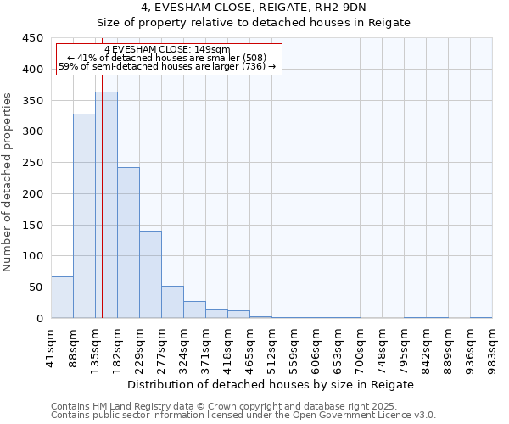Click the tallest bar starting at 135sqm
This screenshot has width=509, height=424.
[x=106, y=205]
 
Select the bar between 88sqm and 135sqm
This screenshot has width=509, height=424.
[x=84, y=216]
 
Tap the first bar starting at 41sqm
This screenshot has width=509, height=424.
[x=62, y=297]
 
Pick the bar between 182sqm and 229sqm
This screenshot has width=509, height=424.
[x=128, y=243]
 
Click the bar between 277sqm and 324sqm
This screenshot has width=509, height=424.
[x=172, y=302]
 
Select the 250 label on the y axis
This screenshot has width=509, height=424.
[x=33, y=163]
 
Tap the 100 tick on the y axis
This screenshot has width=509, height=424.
[x=33, y=256]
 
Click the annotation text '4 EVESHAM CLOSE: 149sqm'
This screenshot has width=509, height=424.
[x=167, y=49]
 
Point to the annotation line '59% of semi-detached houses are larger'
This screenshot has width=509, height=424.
[x=167, y=66]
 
